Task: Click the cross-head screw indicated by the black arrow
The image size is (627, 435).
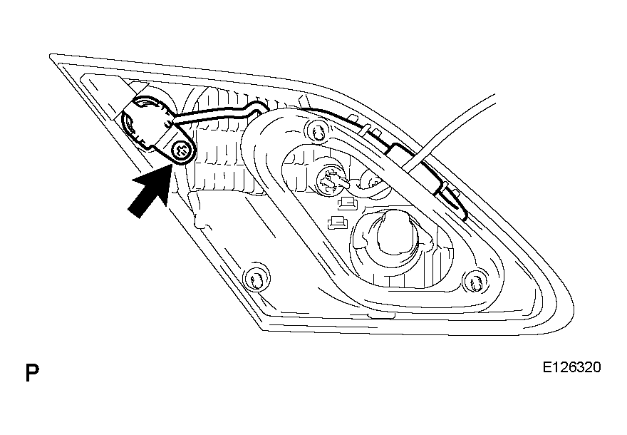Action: (x=180, y=151)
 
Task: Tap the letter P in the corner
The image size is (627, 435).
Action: (x=32, y=372)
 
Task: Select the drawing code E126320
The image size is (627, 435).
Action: (x=571, y=367)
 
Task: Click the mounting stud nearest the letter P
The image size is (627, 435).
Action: (x=254, y=278)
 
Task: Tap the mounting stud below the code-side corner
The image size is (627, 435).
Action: (x=475, y=282)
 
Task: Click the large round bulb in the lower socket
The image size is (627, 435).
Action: (x=397, y=234)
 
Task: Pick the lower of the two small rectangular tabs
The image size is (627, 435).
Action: (x=337, y=222)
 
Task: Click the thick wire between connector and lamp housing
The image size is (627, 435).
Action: (x=216, y=113)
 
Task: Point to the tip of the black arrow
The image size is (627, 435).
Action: (x=172, y=166)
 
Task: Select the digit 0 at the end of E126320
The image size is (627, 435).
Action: (x=596, y=367)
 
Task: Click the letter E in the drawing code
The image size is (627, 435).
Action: (x=546, y=367)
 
